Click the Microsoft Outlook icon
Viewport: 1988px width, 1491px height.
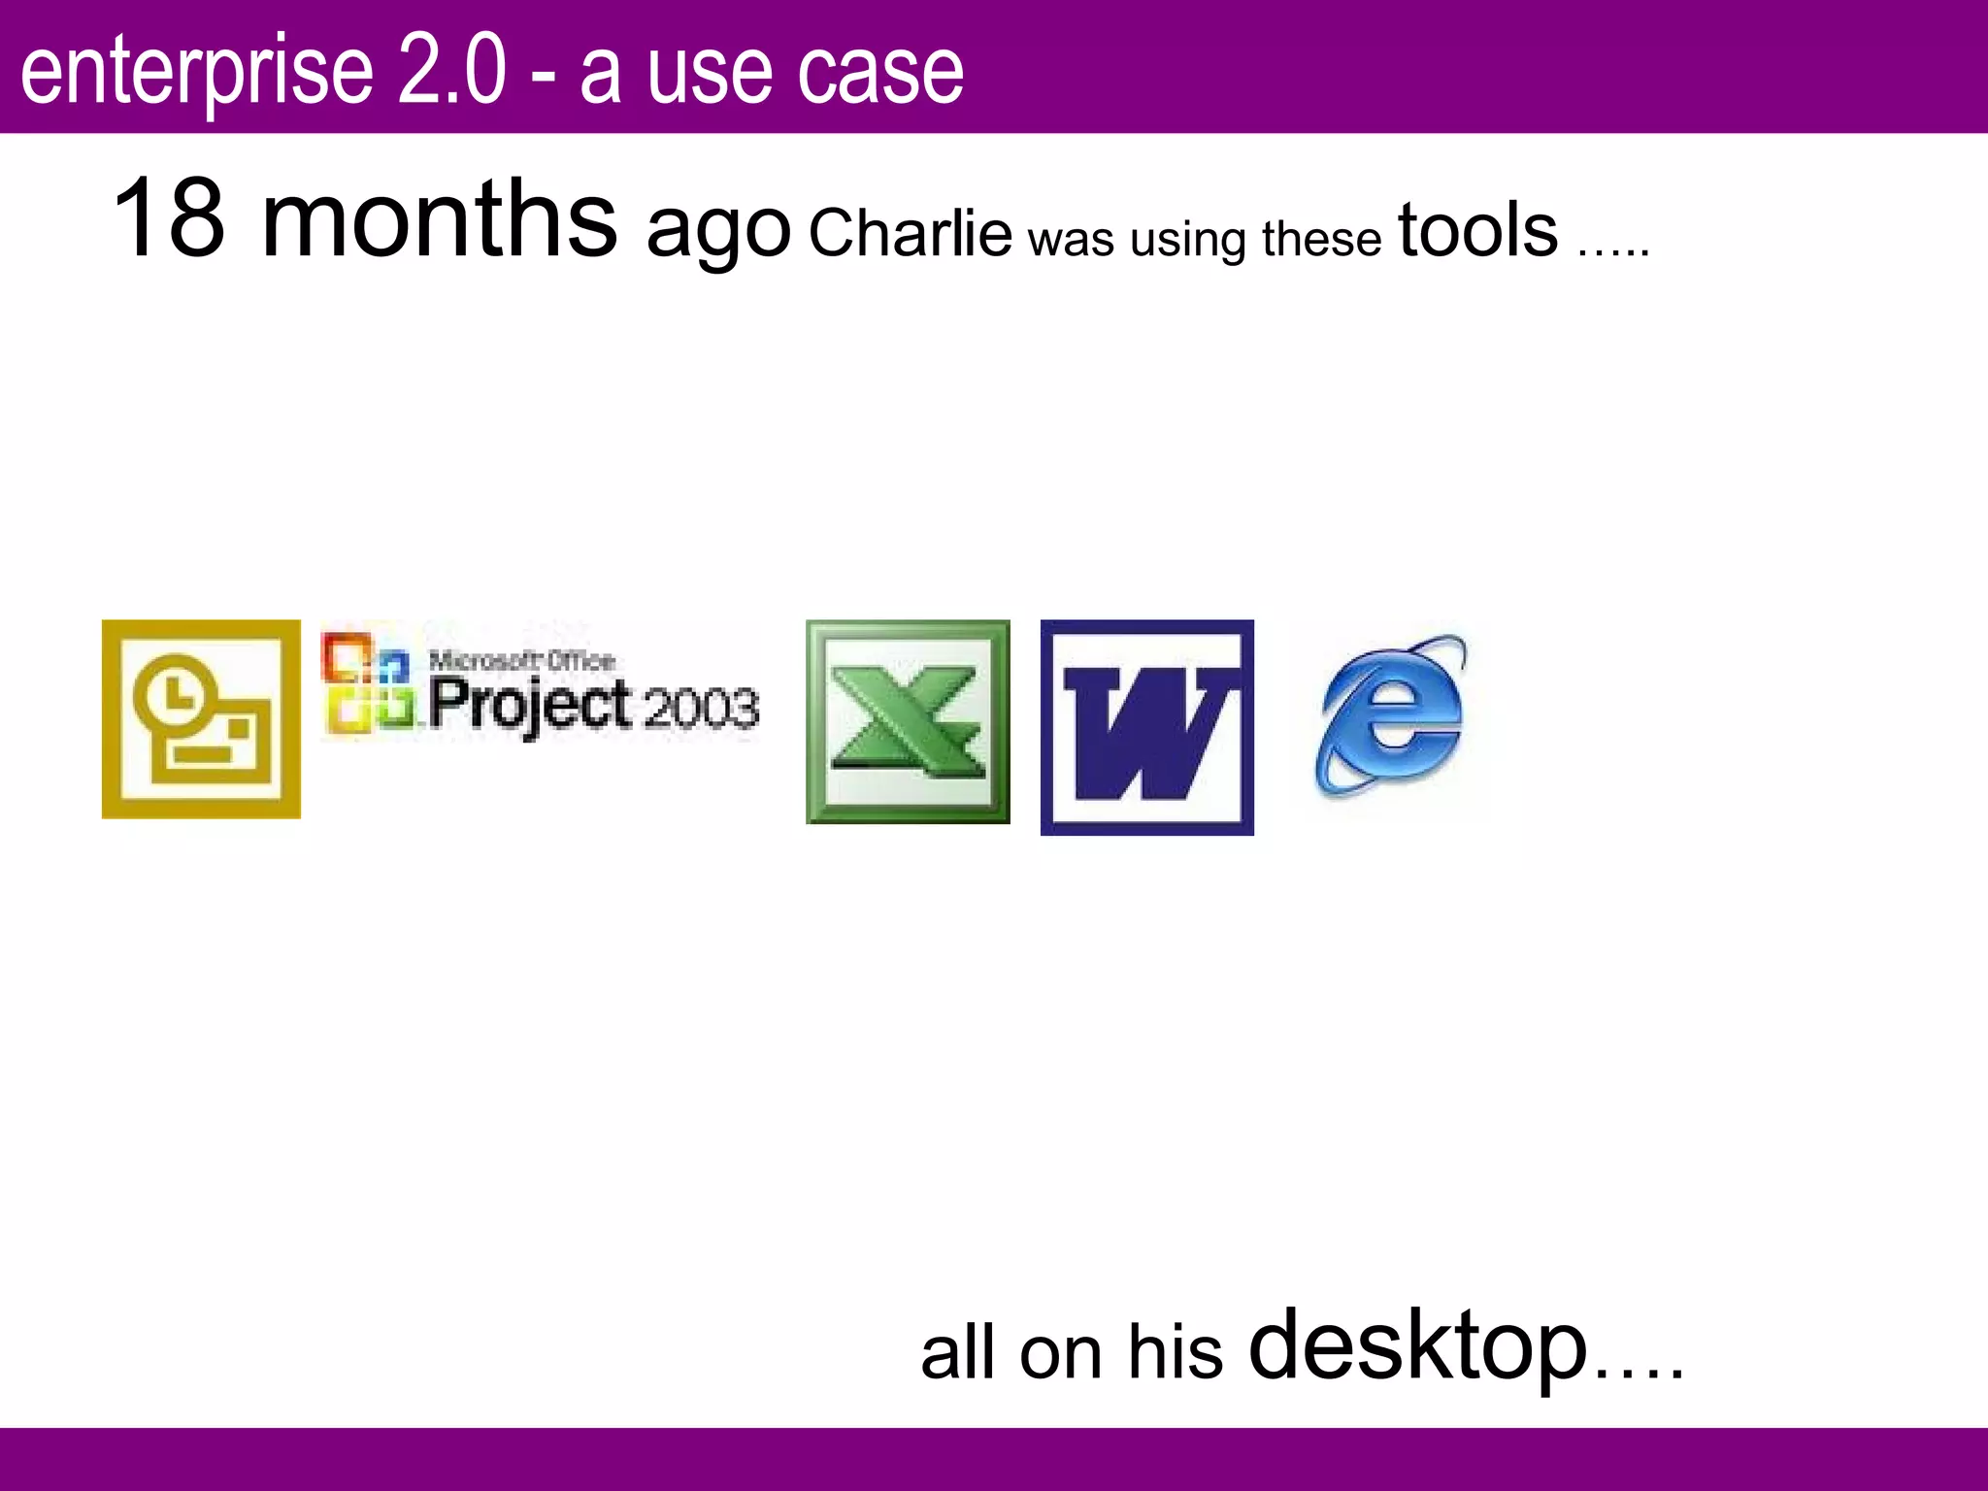coord(201,719)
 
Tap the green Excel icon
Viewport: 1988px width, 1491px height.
coord(908,721)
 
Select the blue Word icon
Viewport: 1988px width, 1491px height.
coord(1146,727)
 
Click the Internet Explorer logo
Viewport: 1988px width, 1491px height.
coord(1391,716)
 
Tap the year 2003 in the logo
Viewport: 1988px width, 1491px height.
coord(700,708)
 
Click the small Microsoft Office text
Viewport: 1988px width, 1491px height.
coord(522,661)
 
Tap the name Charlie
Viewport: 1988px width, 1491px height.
coord(910,234)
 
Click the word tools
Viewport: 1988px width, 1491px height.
coord(1477,231)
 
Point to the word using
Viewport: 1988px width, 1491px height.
coord(1187,239)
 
